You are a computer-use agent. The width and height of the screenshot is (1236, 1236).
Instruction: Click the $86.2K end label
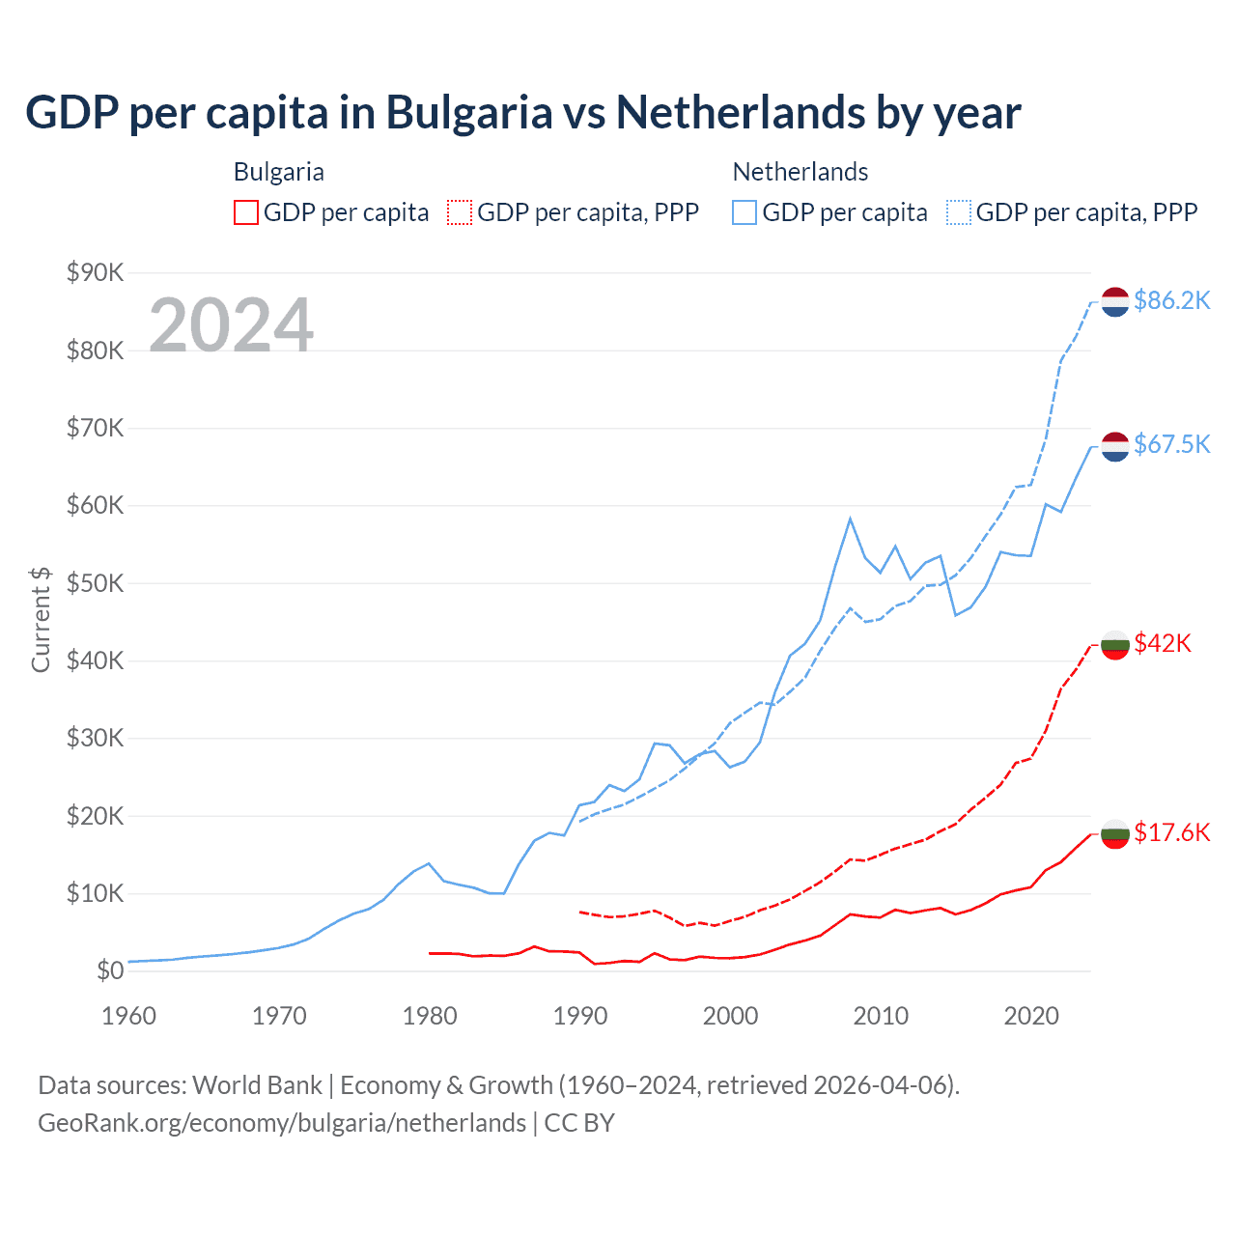click(x=1171, y=301)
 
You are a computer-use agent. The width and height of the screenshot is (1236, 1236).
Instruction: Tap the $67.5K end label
click(x=1171, y=444)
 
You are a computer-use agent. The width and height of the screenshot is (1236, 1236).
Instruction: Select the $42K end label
click(x=1163, y=643)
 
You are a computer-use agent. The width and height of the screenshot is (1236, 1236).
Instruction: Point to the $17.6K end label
click(x=1171, y=832)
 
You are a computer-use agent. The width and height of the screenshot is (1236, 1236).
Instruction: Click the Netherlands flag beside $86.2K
click(x=1115, y=301)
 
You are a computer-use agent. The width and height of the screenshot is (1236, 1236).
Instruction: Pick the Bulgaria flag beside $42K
click(x=1115, y=644)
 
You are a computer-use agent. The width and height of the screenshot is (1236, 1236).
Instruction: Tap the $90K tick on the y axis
click(x=96, y=273)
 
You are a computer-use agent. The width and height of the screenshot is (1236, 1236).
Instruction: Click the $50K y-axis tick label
click(x=96, y=583)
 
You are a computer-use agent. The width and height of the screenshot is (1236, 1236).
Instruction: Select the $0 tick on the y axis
click(x=110, y=971)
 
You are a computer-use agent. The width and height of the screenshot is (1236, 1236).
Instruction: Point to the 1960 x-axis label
click(x=128, y=1016)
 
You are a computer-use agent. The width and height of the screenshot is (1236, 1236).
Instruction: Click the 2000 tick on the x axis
click(x=730, y=1016)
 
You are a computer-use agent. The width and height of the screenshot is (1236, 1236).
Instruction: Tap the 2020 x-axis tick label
click(x=1031, y=1016)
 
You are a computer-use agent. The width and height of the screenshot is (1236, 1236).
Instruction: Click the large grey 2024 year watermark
click(x=231, y=325)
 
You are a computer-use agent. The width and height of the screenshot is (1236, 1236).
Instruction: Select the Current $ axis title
click(x=41, y=620)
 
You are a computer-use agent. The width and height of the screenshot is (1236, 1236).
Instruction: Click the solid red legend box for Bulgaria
click(x=246, y=212)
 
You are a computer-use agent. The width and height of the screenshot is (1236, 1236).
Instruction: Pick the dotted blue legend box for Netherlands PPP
click(x=959, y=212)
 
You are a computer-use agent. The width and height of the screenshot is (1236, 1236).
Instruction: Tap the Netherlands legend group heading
click(x=801, y=172)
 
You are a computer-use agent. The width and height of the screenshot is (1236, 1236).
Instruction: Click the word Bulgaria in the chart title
click(x=469, y=112)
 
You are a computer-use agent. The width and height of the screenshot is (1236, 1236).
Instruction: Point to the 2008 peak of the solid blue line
click(x=850, y=519)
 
